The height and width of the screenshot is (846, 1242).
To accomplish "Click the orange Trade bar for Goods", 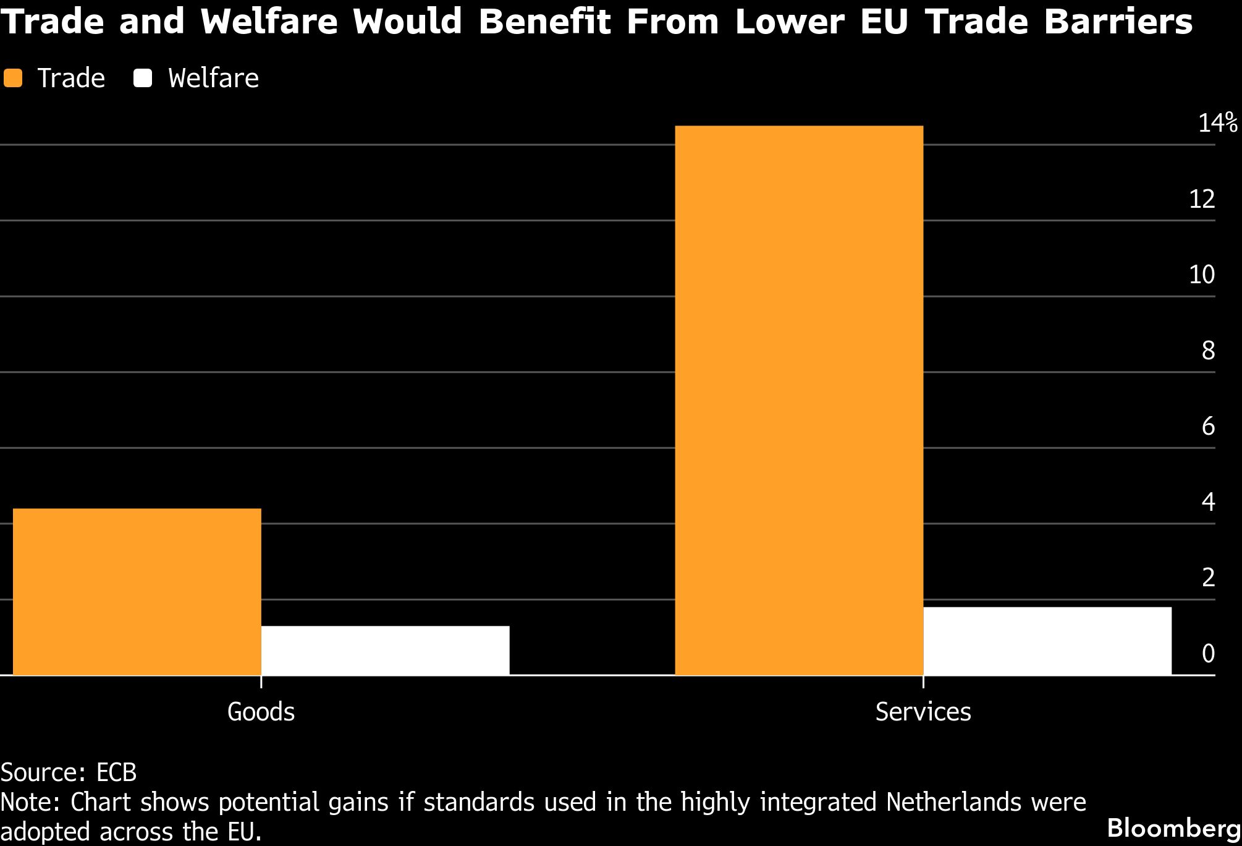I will [137, 591].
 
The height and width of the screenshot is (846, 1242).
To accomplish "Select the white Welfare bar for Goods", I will [385, 650].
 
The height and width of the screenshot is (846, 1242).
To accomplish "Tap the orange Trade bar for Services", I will [798, 400].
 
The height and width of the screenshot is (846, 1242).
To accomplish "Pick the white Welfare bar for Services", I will [1047, 641].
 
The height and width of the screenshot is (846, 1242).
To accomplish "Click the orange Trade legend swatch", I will [12, 79].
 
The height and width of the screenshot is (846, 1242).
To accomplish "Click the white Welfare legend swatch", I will [143, 79].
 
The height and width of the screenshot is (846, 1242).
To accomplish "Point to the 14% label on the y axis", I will [1217, 123].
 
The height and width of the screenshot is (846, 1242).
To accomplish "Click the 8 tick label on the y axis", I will [1208, 351].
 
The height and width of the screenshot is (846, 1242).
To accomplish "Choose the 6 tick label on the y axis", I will [1208, 426].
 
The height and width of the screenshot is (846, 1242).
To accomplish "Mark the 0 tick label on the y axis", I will [1208, 654].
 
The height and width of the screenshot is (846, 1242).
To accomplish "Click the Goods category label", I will [261, 712].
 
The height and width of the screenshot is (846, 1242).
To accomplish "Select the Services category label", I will [923, 712].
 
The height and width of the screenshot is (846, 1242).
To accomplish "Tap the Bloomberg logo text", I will [1173, 828].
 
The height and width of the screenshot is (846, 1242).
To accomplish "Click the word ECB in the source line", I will [116, 772].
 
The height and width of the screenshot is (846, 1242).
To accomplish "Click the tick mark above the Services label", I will [923, 681].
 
